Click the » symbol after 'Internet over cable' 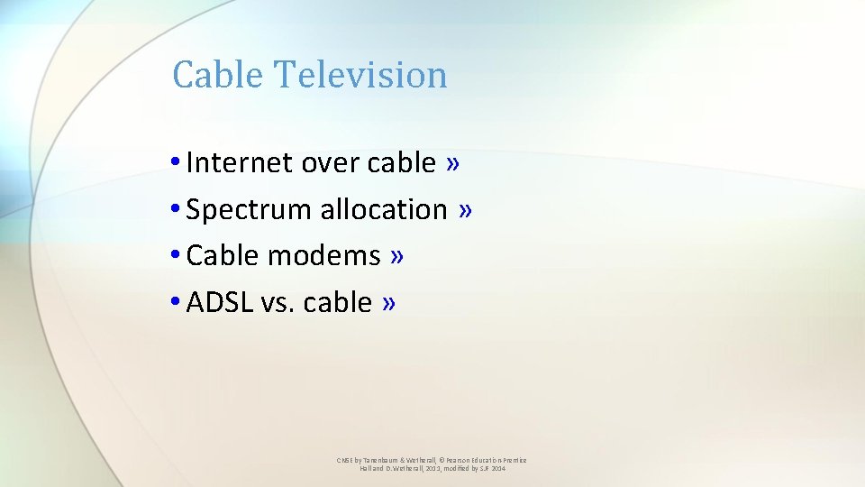pyautogui.click(x=452, y=162)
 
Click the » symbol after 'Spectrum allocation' pyautogui.click(x=465, y=209)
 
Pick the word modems pyautogui.click(x=324, y=256)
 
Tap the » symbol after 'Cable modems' pyautogui.click(x=397, y=256)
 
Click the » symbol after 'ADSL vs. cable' pyautogui.click(x=388, y=302)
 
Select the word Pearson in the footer pyautogui.click(x=453, y=460)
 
